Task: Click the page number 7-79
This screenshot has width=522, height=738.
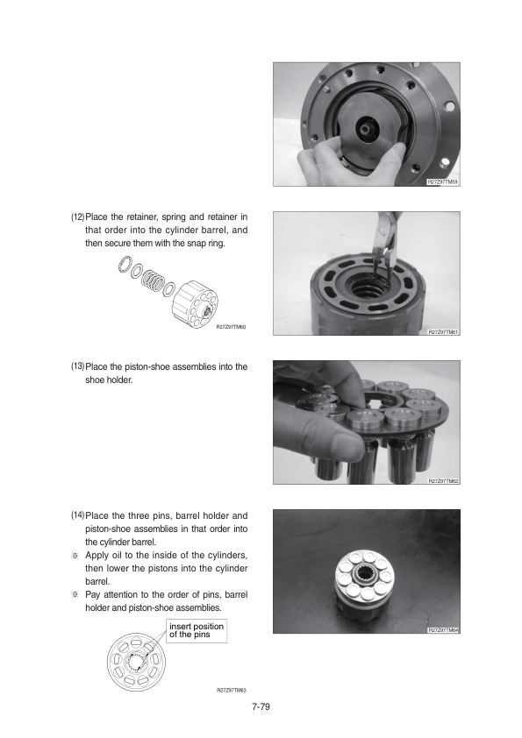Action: [x=261, y=706]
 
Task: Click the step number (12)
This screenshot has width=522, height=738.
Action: [x=78, y=217]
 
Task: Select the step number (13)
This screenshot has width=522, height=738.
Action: [x=78, y=366]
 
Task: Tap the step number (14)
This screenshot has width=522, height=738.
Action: [x=78, y=515]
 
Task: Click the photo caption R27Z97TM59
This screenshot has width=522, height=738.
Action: [x=442, y=181]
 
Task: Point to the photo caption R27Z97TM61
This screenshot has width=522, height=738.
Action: [x=442, y=332]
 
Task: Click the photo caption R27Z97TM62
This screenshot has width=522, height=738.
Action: [x=442, y=481]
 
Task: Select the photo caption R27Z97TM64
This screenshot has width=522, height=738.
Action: [x=442, y=629]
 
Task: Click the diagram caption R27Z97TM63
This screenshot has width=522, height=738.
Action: [x=232, y=691]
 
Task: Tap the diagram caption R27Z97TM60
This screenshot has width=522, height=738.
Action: [x=231, y=327]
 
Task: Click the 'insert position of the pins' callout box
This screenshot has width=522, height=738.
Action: [x=197, y=630]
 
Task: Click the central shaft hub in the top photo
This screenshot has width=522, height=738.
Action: [x=365, y=126]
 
